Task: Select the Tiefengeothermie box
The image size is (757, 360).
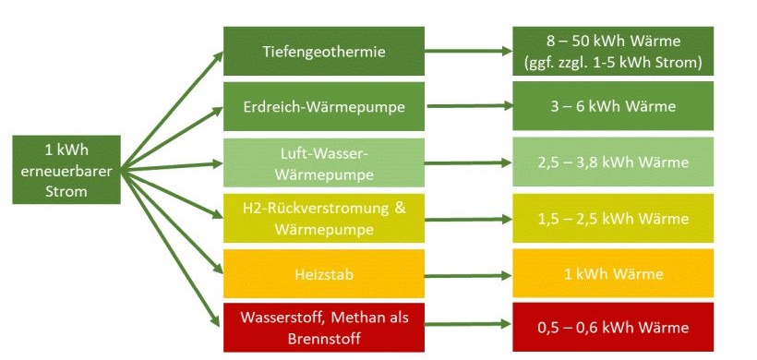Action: (324, 52)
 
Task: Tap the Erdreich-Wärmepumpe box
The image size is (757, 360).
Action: (324, 106)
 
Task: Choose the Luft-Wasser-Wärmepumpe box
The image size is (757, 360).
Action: (324, 162)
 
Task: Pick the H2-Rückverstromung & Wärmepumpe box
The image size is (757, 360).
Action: (324, 218)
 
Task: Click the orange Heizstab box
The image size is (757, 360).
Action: (324, 273)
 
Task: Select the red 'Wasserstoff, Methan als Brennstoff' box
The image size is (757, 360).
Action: (324, 328)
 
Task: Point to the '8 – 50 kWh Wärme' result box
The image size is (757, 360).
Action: (613, 52)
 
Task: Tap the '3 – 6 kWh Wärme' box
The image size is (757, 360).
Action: (613, 106)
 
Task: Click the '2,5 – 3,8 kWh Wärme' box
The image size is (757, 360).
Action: (613, 162)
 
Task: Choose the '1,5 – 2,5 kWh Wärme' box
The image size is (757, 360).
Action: (613, 218)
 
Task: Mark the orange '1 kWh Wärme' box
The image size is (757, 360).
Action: (613, 273)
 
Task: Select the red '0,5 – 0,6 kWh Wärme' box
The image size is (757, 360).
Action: (613, 328)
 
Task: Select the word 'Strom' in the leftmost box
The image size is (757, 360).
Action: (66, 192)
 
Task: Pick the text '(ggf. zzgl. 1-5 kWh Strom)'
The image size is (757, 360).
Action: (613, 63)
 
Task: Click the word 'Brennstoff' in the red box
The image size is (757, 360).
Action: (324, 339)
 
